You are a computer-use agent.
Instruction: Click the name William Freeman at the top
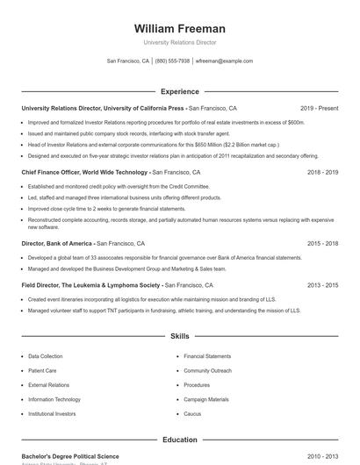(x=179, y=28)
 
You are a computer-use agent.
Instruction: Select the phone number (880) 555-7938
(x=172, y=61)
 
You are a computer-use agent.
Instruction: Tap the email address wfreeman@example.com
(x=224, y=61)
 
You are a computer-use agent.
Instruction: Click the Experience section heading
(x=179, y=91)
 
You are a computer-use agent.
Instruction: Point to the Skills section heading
(x=179, y=336)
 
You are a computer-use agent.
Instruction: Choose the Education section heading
(x=179, y=440)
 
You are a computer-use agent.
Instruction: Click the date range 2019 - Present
(x=319, y=108)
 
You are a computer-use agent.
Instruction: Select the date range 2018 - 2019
(x=322, y=173)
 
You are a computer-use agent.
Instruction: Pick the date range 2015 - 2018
(x=322, y=243)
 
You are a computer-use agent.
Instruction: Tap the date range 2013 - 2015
(x=322, y=285)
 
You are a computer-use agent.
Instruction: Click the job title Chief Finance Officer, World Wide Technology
(x=84, y=173)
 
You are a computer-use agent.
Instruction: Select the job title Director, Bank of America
(x=57, y=243)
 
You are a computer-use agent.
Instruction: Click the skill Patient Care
(x=42, y=371)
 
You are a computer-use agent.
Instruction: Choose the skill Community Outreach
(x=207, y=371)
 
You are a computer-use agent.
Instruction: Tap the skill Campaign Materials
(x=205, y=399)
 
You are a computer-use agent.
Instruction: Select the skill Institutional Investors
(x=52, y=413)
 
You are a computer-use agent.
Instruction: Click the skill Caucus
(x=192, y=413)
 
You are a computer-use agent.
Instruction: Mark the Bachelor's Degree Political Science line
(x=70, y=456)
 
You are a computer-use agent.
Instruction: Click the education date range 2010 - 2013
(x=322, y=456)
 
